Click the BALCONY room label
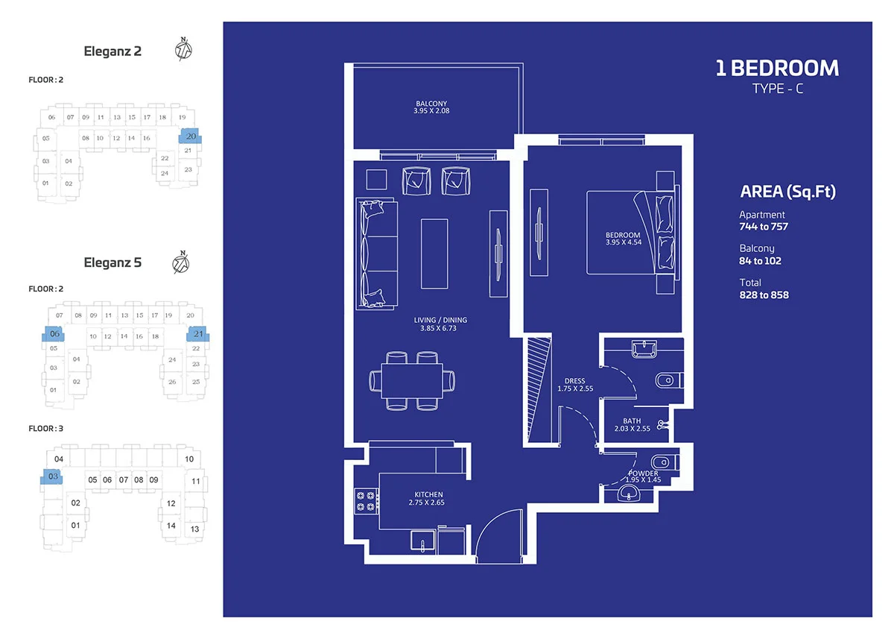[x=431, y=104]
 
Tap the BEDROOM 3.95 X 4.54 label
[x=624, y=239]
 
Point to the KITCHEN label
[x=428, y=494]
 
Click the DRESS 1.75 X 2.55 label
[x=575, y=385]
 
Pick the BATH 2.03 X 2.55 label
[x=633, y=424]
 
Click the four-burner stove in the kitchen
[x=366, y=501]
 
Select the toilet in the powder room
[x=664, y=462]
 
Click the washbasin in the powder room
[x=629, y=494]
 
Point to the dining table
[x=412, y=380]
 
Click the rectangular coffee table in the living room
[x=434, y=254]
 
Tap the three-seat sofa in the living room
[x=377, y=254]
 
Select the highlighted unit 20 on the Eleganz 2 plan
[x=190, y=136]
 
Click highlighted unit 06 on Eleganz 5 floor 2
[x=54, y=334]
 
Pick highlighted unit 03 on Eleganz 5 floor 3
[x=52, y=476]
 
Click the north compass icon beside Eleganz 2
[x=183, y=49]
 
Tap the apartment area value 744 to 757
[x=764, y=227]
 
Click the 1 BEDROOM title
[x=777, y=68]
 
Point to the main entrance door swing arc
[x=489, y=523]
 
